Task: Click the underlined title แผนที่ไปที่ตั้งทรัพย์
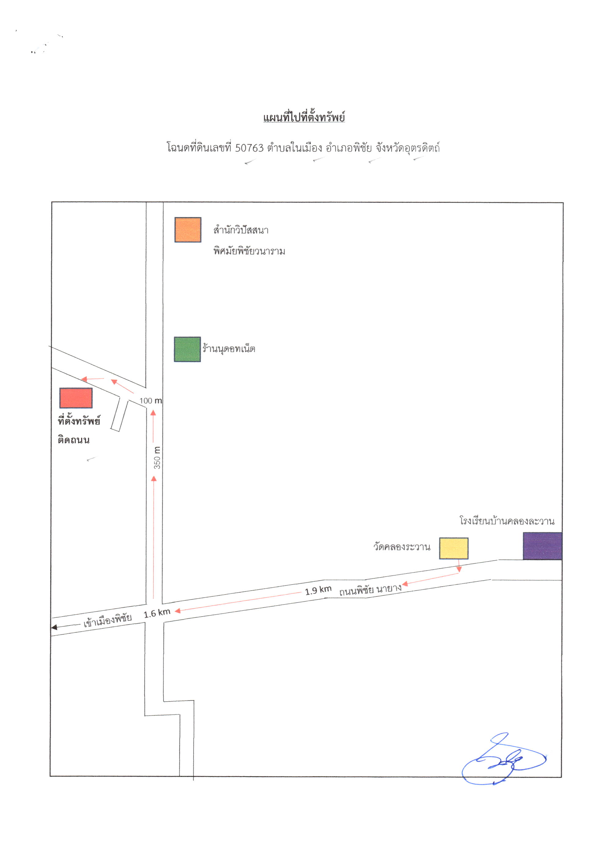pyautogui.click(x=304, y=117)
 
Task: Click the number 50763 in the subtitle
pyautogui.click(x=249, y=148)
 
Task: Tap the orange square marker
pyautogui.click(x=188, y=230)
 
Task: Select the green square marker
pyautogui.click(x=187, y=349)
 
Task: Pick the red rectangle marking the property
pyautogui.click(x=76, y=398)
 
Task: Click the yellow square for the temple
pyautogui.click(x=454, y=548)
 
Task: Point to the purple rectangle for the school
pyautogui.click(x=542, y=546)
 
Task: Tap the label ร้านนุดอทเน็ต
pyautogui.click(x=229, y=349)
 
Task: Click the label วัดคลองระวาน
pyautogui.click(x=402, y=547)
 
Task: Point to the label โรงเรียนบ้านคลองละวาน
pyautogui.click(x=507, y=521)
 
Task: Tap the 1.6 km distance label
pyautogui.click(x=157, y=613)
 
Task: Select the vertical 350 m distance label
pyautogui.click(x=157, y=457)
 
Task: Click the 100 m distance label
pyautogui.click(x=151, y=400)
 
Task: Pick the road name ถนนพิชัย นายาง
pyautogui.click(x=371, y=590)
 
